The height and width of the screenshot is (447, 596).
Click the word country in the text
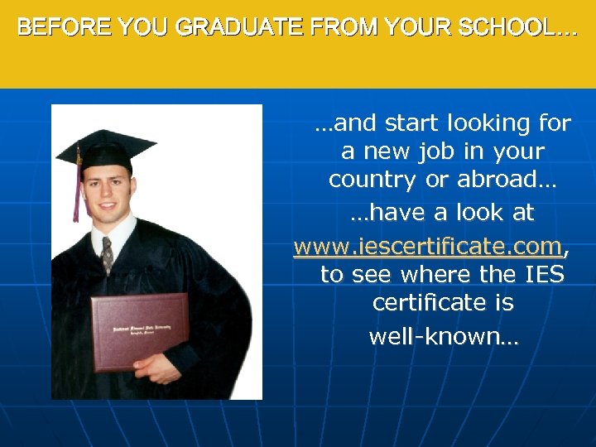coord(374,180)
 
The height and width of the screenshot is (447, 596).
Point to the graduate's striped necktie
coord(107,254)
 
